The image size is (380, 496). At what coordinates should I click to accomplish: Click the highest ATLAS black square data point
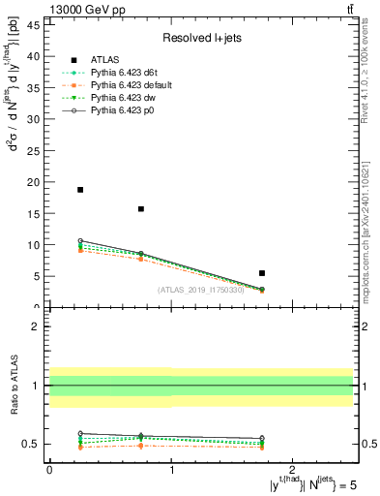(x=80, y=190)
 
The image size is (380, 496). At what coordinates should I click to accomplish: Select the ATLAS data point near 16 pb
(x=141, y=208)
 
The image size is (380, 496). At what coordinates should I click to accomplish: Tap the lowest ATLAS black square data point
(x=262, y=273)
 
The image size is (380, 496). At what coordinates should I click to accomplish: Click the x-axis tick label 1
(x=171, y=470)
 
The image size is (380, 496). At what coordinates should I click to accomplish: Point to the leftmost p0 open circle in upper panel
(x=80, y=241)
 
